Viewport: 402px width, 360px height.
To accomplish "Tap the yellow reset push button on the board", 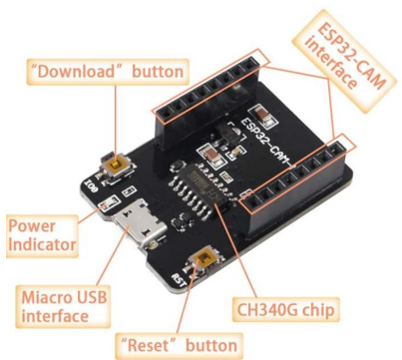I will (x=207, y=260).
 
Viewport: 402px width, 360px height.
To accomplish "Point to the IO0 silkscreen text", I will (x=92, y=183).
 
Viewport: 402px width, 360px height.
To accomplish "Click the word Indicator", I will (x=43, y=243).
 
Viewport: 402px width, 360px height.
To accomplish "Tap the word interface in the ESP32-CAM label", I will (x=330, y=66).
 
